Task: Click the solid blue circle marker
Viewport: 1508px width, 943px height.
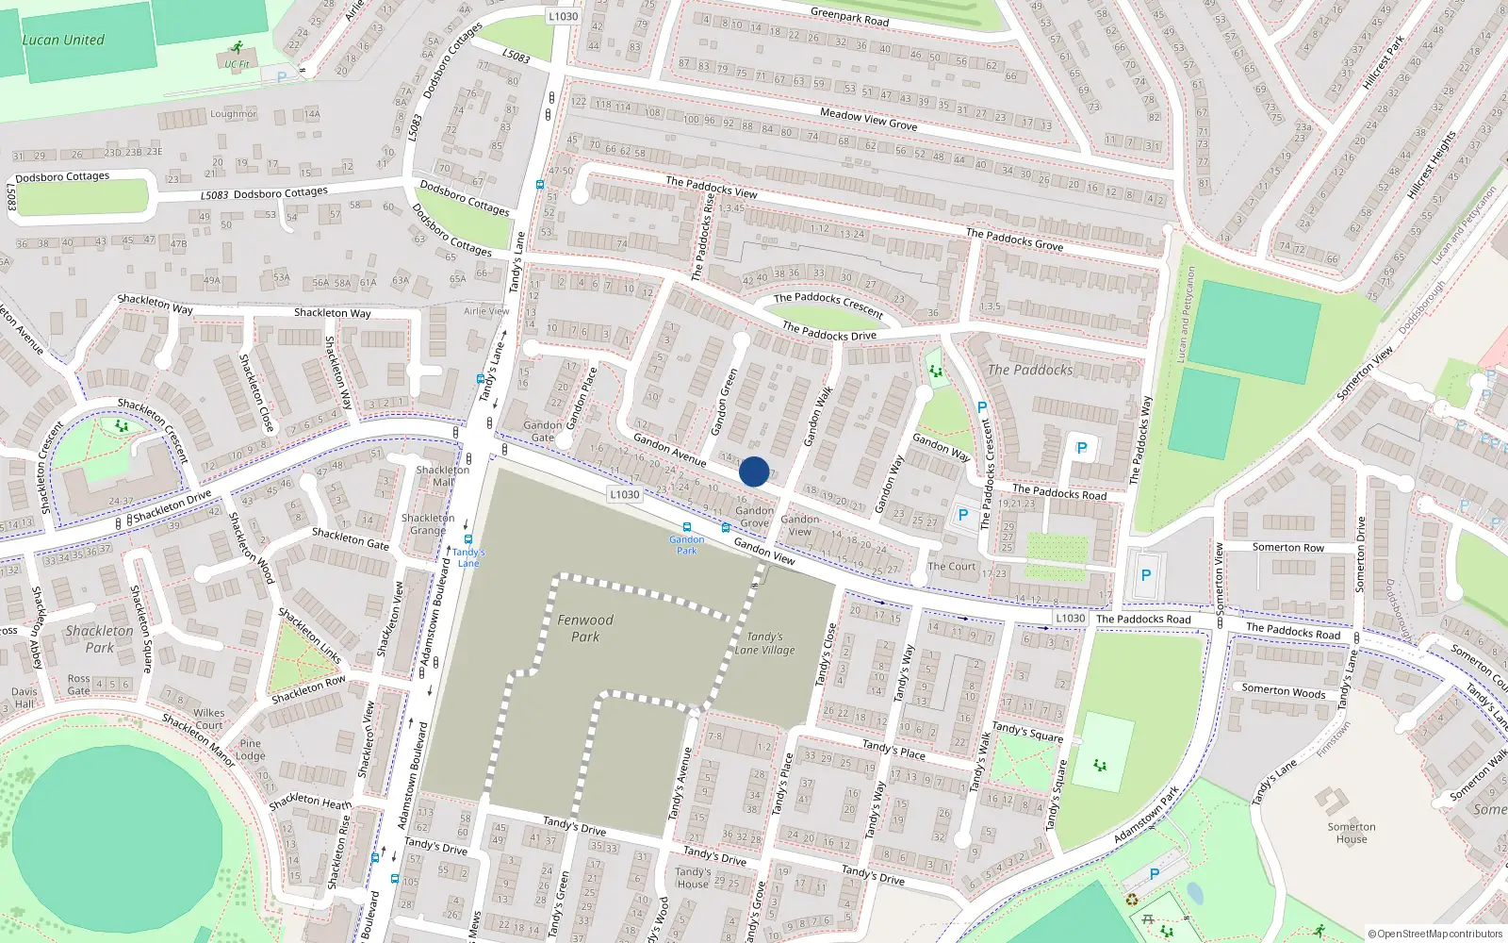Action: (x=754, y=471)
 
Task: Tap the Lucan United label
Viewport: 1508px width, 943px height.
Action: (x=63, y=41)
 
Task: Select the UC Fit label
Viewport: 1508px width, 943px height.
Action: (x=237, y=65)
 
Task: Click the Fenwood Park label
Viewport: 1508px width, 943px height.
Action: (x=584, y=628)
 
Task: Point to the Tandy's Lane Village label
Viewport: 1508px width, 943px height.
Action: (x=764, y=643)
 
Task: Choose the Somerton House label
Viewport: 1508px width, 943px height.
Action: (x=1351, y=834)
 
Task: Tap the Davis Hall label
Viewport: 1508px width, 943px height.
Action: (x=25, y=698)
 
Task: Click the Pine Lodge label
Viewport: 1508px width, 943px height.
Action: (x=250, y=750)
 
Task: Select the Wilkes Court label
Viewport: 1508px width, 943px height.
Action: (x=208, y=720)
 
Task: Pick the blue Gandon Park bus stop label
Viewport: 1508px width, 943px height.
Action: (x=687, y=545)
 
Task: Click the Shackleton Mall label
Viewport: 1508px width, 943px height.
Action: (x=442, y=476)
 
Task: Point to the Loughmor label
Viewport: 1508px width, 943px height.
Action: (x=233, y=114)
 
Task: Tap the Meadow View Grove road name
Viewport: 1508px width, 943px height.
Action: (x=868, y=119)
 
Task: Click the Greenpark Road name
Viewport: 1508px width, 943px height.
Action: (x=849, y=16)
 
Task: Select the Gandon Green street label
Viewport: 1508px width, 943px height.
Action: (x=724, y=403)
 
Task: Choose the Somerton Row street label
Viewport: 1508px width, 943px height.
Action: (x=1287, y=548)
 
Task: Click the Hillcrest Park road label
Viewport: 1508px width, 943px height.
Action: (x=1384, y=62)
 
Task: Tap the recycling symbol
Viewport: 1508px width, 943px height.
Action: (x=1132, y=900)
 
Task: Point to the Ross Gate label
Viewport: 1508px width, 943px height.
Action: (x=79, y=685)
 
